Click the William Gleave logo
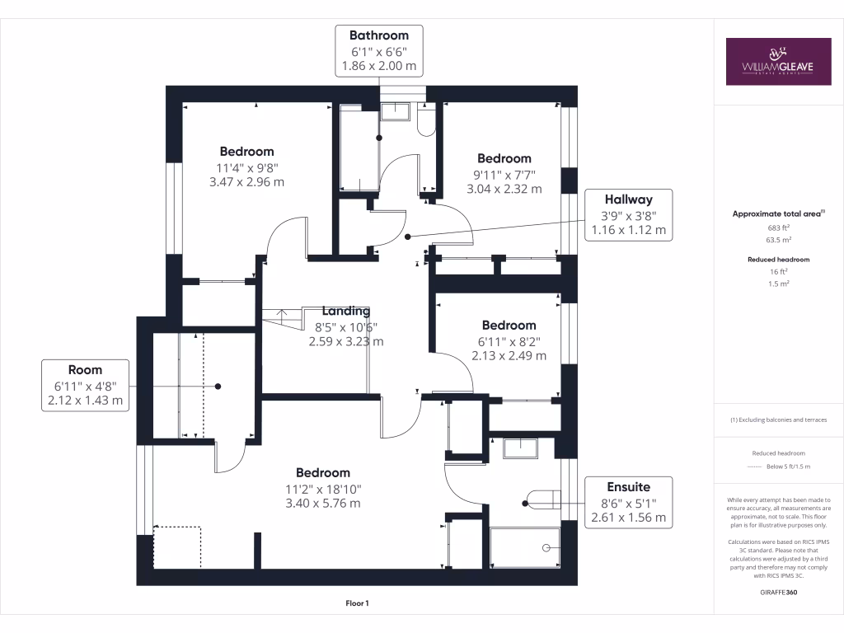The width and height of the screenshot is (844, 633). point(778,61)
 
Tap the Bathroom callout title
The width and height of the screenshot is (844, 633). point(379,35)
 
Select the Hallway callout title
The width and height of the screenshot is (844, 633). point(628,199)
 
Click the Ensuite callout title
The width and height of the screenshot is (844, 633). point(628,487)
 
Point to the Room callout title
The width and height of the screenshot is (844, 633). point(85,370)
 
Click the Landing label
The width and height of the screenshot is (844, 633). point(346,311)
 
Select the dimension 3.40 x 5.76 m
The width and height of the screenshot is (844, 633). point(323,504)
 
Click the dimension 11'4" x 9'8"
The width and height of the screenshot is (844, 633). point(247,168)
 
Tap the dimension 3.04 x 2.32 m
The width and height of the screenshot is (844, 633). point(504,189)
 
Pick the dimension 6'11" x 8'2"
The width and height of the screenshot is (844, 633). point(509,342)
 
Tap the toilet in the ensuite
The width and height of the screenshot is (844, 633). point(543,499)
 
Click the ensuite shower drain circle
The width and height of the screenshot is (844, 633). point(546,548)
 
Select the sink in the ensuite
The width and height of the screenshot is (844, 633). point(520,448)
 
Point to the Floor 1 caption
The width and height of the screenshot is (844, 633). point(358,603)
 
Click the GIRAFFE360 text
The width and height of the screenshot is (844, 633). point(779,592)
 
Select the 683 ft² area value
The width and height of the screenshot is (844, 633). point(778,227)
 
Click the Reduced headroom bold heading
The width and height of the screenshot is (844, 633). point(778,260)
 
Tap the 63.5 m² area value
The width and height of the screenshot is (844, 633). point(778,240)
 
